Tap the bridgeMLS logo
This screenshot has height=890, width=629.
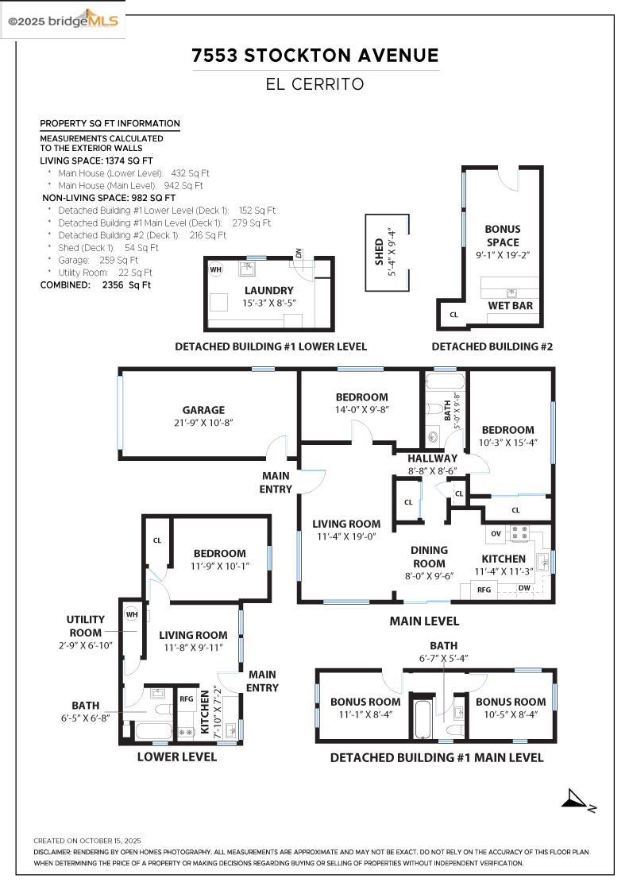pos(63,21)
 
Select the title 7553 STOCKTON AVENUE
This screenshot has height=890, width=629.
pos(315,55)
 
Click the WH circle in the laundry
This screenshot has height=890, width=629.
pos(215,269)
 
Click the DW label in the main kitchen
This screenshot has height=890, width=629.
pos(524,588)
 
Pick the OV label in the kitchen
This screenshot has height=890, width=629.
pos(496,532)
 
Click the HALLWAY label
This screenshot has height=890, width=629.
pos(433,459)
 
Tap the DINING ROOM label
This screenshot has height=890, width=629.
pos(429,556)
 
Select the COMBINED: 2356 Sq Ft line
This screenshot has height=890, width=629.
pos(95,284)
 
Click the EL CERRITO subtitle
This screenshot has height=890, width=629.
pos(315,83)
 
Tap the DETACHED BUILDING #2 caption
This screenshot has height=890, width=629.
pos(492,346)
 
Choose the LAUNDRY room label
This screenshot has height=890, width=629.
pos(269,291)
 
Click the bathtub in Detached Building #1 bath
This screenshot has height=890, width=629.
pos(422,716)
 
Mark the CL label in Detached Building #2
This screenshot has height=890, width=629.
pos(454,315)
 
